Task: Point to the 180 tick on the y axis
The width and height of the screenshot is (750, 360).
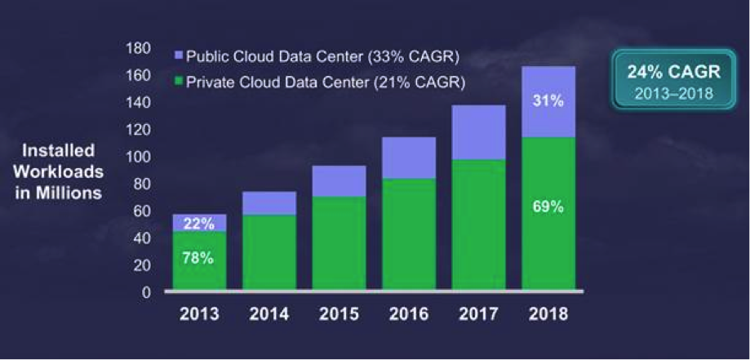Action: click(x=140, y=49)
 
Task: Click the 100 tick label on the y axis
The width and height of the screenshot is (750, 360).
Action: click(x=140, y=157)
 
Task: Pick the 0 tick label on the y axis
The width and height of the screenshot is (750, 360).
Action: click(x=147, y=292)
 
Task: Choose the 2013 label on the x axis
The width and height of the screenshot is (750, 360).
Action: click(x=199, y=313)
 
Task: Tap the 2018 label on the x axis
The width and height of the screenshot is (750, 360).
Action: click(x=549, y=313)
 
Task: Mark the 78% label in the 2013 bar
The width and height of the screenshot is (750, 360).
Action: click(x=198, y=258)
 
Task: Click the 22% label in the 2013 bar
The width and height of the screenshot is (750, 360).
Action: click(x=198, y=222)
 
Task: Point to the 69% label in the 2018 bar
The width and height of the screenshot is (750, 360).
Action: click(x=549, y=207)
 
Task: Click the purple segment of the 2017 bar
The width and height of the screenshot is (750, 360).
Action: click(x=479, y=132)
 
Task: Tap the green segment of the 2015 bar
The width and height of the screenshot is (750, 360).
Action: click(x=339, y=242)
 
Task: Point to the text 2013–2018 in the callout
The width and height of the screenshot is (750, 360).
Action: click(x=668, y=93)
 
